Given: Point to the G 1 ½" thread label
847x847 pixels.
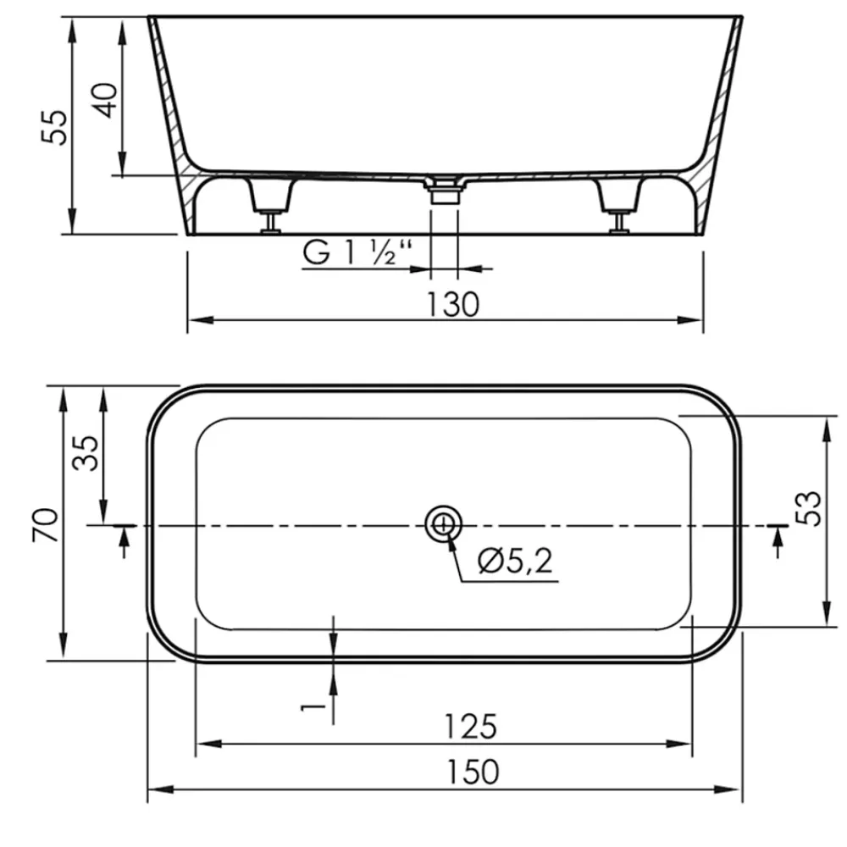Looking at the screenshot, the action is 357,252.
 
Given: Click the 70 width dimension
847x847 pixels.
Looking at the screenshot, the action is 46,525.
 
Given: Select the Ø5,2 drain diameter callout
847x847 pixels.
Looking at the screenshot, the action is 515,561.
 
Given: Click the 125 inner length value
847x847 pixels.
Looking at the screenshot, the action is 470,727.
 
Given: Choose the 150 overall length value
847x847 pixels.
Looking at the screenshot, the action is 473,772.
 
